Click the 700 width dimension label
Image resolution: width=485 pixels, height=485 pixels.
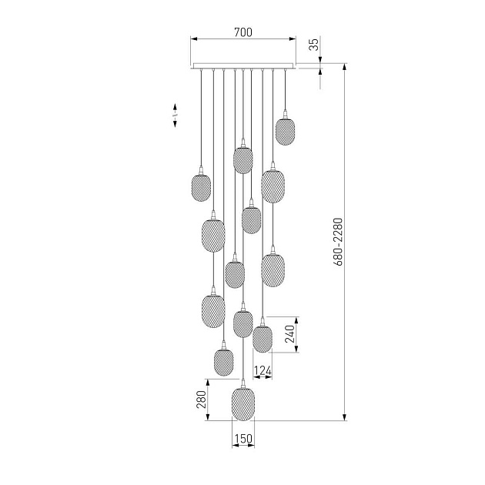243,32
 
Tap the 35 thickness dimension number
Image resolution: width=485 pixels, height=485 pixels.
314,45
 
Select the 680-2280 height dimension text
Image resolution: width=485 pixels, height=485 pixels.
339,242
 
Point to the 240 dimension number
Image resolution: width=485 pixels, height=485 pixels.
290,334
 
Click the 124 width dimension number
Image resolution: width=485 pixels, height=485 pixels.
263,370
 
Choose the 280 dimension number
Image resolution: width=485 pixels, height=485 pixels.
202,400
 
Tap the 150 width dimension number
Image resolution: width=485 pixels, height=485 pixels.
243,439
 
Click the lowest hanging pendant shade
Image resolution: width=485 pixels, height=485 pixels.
243,403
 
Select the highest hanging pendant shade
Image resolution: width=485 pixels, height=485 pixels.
285,132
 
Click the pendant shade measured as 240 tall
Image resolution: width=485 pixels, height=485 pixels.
263,339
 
